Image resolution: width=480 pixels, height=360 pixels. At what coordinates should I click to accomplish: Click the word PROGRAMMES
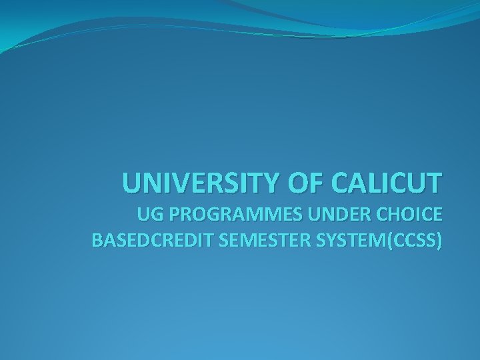(229, 216)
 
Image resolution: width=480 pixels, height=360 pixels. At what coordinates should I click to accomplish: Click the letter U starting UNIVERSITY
(131, 182)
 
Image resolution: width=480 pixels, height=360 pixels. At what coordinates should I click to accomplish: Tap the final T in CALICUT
(434, 182)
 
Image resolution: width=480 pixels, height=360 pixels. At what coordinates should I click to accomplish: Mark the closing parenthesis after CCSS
(438, 241)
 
